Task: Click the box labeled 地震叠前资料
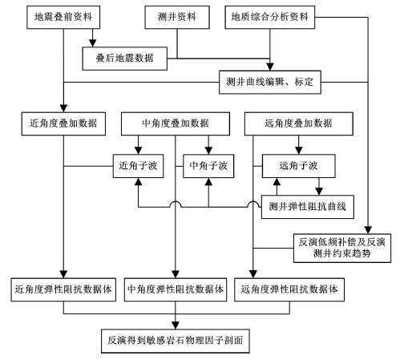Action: (x=63, y=18)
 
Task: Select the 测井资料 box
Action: (x=177, y=18)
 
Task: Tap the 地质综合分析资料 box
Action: (x=270, y=18)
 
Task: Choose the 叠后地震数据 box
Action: (x=125, y=59)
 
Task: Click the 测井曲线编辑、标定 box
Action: (x=270, y=82)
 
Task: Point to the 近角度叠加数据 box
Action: (x=63, y=123)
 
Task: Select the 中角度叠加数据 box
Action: (x=176, y=123)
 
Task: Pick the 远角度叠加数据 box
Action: (x=299, y=123)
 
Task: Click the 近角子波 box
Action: (x=138, y=166)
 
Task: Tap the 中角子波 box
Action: (x=208, y=166)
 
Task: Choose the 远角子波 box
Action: (x=299, y=166)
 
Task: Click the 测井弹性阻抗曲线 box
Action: (x=308, y=207)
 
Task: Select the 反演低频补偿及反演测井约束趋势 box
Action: (x=342, y=248)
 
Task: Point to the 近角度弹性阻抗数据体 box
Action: (x=63, y=289)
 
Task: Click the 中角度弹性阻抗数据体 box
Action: (x=176, y=289)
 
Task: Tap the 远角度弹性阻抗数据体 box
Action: (x=289, y=289)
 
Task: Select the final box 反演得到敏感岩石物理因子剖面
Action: (x=176, y=341)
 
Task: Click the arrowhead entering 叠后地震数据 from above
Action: (x=93, y=43)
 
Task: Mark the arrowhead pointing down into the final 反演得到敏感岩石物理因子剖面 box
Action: (x=176, y=326)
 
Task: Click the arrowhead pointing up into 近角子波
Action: (x=138, y=182)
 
